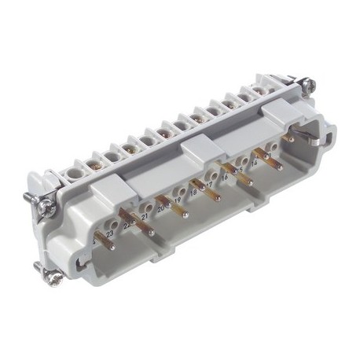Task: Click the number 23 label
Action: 110,233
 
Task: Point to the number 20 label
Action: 161,208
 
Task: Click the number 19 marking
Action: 178,200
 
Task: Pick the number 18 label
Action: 194,191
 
